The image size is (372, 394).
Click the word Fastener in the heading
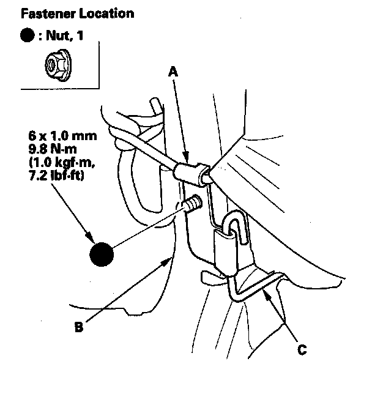(x=43, y=13)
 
